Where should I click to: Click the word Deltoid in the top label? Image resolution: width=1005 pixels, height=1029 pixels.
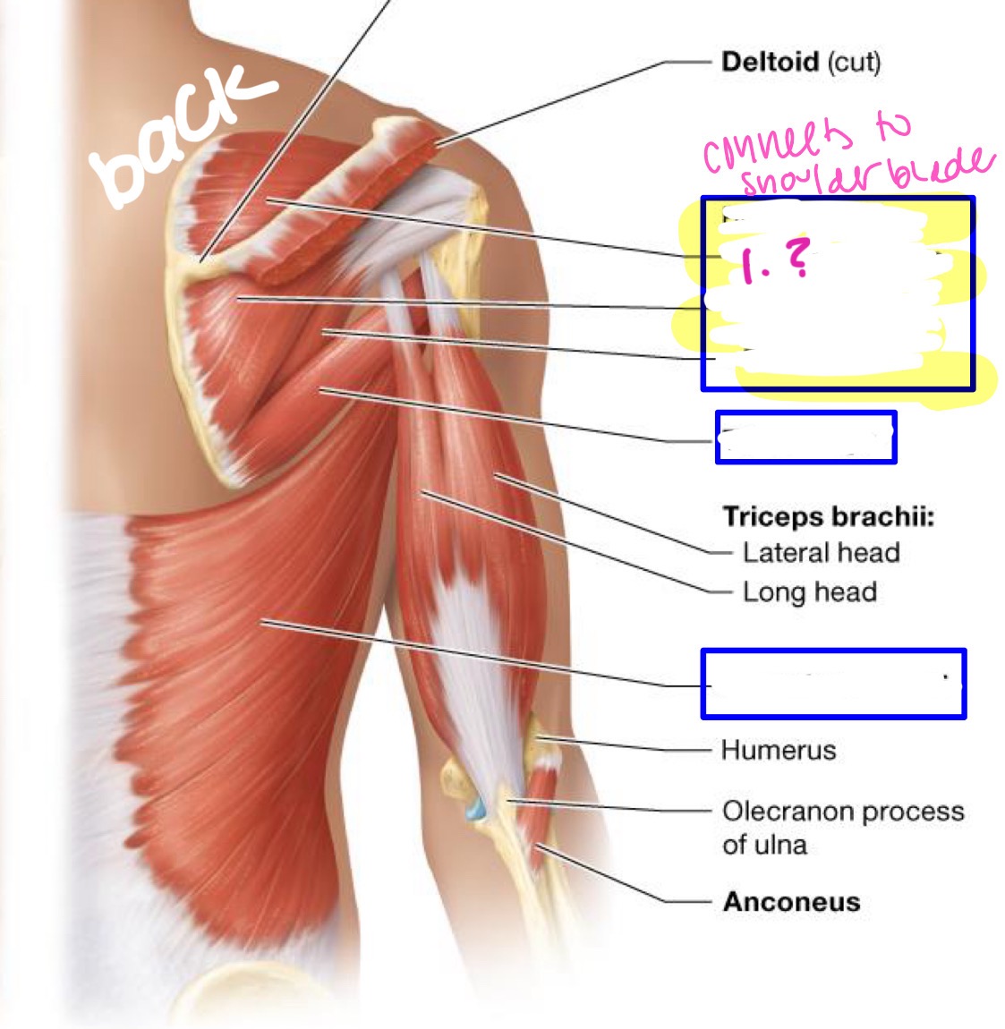point(770,63)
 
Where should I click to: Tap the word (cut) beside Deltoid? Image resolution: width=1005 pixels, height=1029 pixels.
point(854,63)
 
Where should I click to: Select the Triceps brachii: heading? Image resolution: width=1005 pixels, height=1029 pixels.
point(828,517)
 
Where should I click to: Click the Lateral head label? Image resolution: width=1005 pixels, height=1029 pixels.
point(821,553)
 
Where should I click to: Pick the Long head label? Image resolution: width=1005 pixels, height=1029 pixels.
point(809,591)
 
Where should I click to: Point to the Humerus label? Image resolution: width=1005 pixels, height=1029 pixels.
point(779,750)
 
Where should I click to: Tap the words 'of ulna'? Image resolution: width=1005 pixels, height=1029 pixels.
point(764,845)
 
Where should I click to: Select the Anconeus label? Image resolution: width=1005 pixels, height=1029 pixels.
point(791,901)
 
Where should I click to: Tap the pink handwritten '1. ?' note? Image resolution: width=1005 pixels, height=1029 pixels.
point(775,262)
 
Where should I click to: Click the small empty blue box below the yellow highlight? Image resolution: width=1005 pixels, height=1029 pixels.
point(805,438)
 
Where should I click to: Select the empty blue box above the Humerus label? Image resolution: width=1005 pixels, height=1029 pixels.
point(833,685)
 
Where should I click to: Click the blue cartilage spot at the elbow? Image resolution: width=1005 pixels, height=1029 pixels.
point(475,810)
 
